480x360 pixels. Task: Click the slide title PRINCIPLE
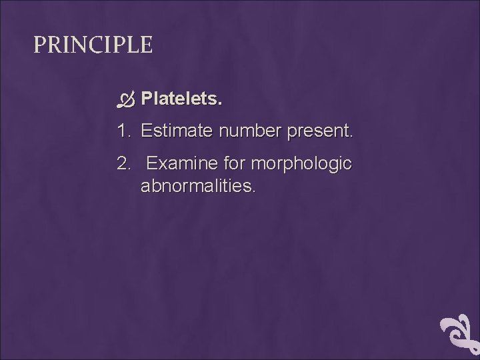tap(93, 45)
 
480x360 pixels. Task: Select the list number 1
tap(123, 131)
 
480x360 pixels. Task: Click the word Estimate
tap(177, 131)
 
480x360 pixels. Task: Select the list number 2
tap(123, 163)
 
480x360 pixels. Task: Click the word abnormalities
tap(197, 186)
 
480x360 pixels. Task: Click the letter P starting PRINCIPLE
tap(39, 45)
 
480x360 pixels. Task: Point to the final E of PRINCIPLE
tap(147, 45)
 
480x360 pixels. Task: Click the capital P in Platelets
tap(147, 99)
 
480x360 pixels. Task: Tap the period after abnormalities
tap(253, 191)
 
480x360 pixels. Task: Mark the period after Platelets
tap(221, 105)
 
